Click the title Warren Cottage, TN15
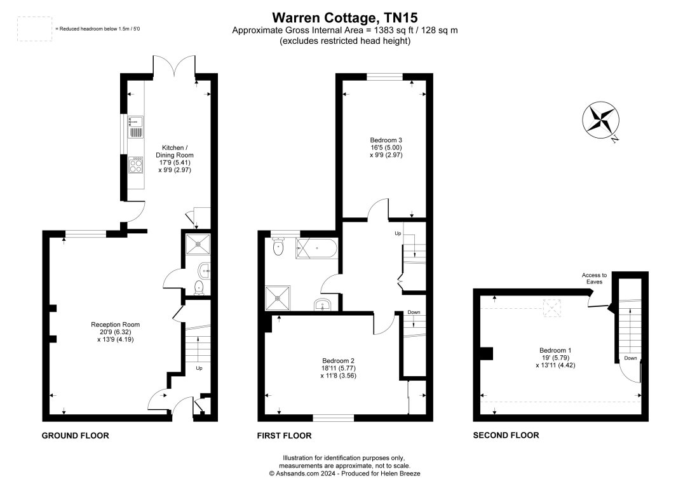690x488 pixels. [345, 17]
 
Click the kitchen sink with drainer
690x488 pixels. [135, 126]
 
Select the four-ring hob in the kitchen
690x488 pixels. [135, 165]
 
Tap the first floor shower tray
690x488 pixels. [278, 297]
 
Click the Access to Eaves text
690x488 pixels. [594, 279]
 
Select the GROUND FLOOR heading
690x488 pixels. [75, 436]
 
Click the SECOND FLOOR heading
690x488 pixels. [506, 436]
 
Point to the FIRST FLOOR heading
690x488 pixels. [284, 436]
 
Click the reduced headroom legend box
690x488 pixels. [34, 29]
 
